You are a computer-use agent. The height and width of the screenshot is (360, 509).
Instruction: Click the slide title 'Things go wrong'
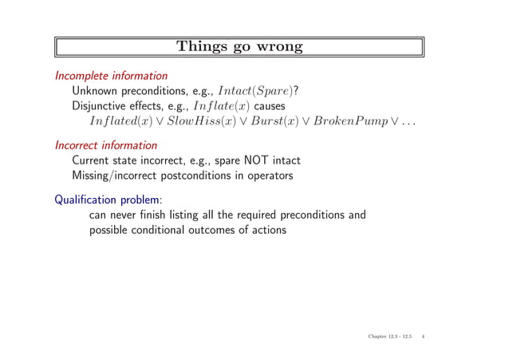point(239,47)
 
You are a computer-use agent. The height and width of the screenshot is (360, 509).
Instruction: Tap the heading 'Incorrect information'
point(105,146)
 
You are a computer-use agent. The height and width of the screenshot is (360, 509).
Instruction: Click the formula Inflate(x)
point(223,107)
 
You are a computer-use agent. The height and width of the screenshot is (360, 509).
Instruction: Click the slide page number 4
point(423,338)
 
